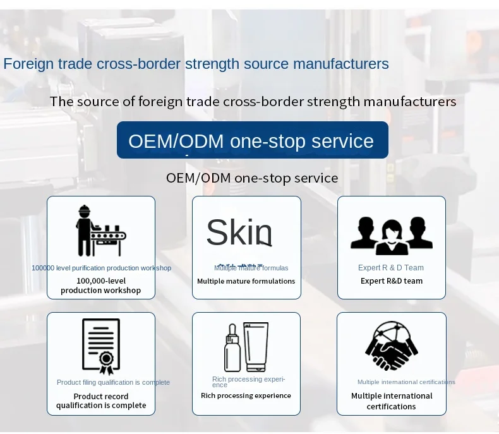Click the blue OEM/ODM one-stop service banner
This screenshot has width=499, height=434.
[x=252, y=140]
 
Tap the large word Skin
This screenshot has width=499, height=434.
[x=239, y=232]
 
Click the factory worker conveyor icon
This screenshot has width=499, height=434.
[x=100, y=231]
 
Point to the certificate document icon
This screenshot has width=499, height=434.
[x=100, y=346]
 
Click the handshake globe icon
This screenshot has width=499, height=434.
[x=391, y=346]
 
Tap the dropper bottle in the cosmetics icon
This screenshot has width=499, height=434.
[x=232, y=349]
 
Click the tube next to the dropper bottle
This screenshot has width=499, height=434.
[x=256, y=347]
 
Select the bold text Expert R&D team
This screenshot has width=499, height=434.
[x=392, y=281]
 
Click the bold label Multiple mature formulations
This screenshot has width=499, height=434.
[x=246, y=281]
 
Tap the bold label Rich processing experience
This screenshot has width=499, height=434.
[x=246, y=395]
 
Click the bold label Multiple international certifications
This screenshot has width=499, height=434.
[x=392, y=401]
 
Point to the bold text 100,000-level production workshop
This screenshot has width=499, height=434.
[x=101, y=286]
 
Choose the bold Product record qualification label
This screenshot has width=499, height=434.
[x=101, y=401]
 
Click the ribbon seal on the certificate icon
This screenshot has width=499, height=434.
[x=107, y=361]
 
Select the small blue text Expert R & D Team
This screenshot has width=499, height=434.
[x=391, y=268]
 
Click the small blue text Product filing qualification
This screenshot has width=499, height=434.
[x=113, y=382]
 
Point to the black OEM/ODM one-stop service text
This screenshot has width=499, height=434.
[x=252, y=178]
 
